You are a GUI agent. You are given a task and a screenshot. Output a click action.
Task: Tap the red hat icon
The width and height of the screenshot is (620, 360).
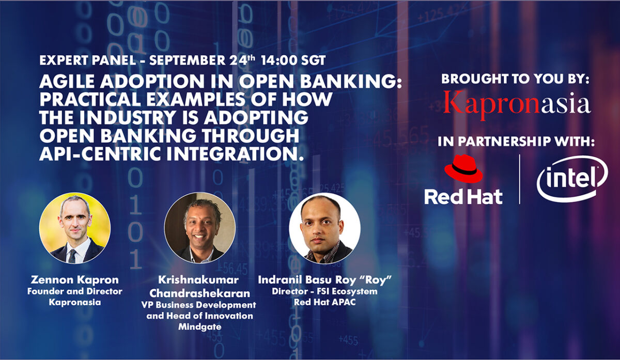(x=463, y=169)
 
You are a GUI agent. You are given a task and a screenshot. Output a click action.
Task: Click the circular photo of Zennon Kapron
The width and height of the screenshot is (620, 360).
(x=75, y=228)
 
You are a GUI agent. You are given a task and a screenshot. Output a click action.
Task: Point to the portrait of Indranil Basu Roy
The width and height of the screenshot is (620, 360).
(x=324, y=228)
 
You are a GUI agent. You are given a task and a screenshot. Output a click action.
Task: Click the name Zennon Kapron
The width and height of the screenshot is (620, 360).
(x=75, y=280)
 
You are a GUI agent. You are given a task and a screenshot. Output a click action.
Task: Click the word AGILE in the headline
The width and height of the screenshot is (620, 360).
(x=65, y=83)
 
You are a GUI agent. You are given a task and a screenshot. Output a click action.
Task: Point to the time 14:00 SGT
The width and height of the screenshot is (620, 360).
(x=293, y=60)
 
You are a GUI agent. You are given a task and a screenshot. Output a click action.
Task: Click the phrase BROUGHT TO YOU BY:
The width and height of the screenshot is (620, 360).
(x=515, y=80)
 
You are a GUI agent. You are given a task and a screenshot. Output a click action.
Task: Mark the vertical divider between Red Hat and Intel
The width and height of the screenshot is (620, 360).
(x=520, y=179)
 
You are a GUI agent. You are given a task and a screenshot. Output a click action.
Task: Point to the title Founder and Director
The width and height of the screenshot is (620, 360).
(x=75, y=291)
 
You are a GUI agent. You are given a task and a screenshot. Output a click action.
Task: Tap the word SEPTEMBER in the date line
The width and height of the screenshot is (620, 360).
(x=189, y=60)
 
